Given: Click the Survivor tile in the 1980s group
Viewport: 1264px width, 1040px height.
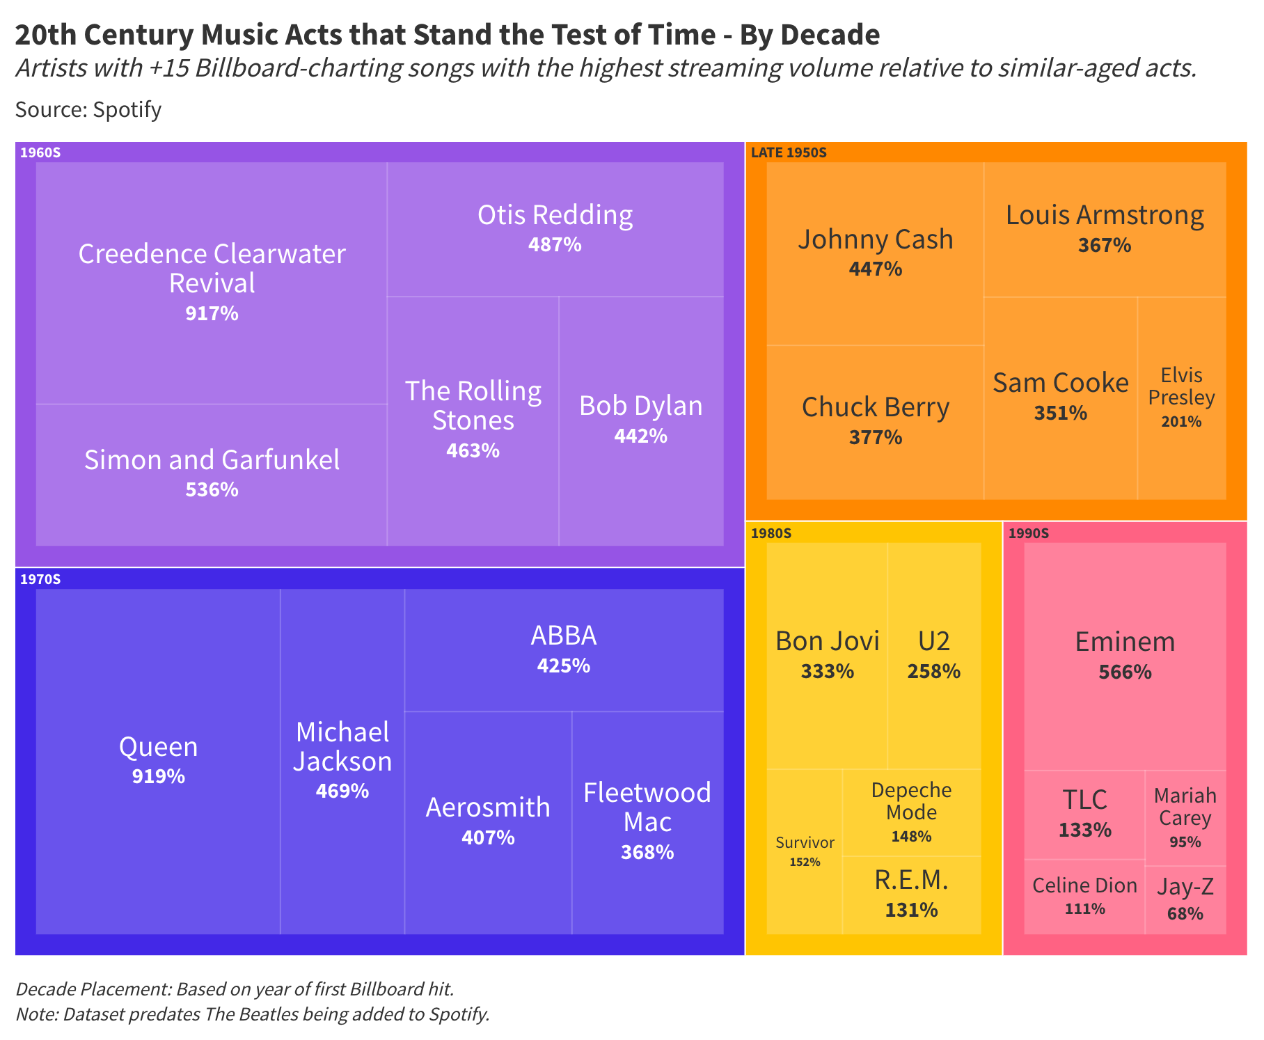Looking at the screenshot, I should pyautogui.click(x=805, y=851).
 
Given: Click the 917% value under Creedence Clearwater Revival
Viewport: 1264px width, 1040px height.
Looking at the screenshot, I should pyautogui.click(x=212, y=314).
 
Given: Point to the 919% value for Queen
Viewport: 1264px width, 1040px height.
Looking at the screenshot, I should pyautogui.click(x=159, y=776).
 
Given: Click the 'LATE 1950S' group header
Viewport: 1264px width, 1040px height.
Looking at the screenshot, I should pyautogui.click(x=789, y=152).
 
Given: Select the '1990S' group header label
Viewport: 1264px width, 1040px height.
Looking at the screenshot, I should pyautogui.click(x=1028, y=534).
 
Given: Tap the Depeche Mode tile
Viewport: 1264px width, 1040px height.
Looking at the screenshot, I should pyautogui.click(x=911, y=812).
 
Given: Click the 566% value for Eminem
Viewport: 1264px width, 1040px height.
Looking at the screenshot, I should pyautogui.click(x=1125, y=672).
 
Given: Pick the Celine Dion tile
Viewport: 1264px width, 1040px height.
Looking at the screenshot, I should pyautogui.click(x=1084, y=897).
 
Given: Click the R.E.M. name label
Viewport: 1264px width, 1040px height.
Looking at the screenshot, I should pyautogui.click(x=911, y=881).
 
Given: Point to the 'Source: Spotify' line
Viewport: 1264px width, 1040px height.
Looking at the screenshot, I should pyautogui.click(x=88, y=110).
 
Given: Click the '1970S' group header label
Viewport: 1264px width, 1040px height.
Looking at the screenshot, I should pyautogui.click(x=40, y=579).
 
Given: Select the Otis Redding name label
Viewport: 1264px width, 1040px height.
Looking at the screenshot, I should pyautogui.click(x=555, y=215).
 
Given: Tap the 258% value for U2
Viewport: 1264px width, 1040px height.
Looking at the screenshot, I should pyautogui.click(x=933, y=672).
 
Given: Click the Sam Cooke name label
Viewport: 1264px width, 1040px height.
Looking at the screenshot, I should pyautogui.click(x=1060, y=383).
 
